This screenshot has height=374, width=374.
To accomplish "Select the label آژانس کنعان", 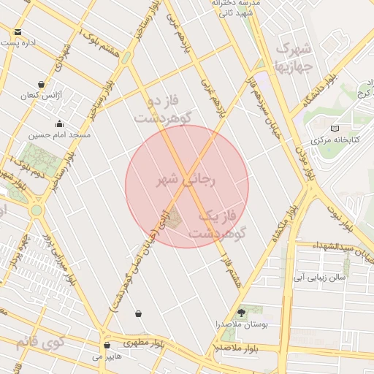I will pyautogui.click(x=38, y=96).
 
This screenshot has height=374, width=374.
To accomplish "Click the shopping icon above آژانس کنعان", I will pyautogui.click(x=41, y=85).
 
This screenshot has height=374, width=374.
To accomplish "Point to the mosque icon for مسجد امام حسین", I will pyautogui.click(x=59, y=124).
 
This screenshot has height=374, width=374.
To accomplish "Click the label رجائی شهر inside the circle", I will pyautogui.click(x=187, y=180).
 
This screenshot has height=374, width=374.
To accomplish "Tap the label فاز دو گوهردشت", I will pyautogui.click(x=162, y=108).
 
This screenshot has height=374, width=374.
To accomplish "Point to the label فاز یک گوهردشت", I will pyautogui.click(x=216, y=224).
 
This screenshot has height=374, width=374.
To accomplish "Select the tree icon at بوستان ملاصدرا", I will pyautogui.click(x=242, y=312).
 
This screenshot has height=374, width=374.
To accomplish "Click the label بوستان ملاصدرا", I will pyautogui.click(x=242, y=323).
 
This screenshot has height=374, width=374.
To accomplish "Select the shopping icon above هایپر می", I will pyautogui.click(x=107, y=346).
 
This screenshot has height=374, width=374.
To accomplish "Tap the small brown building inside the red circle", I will pyautogui.click(x=173, y=218).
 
